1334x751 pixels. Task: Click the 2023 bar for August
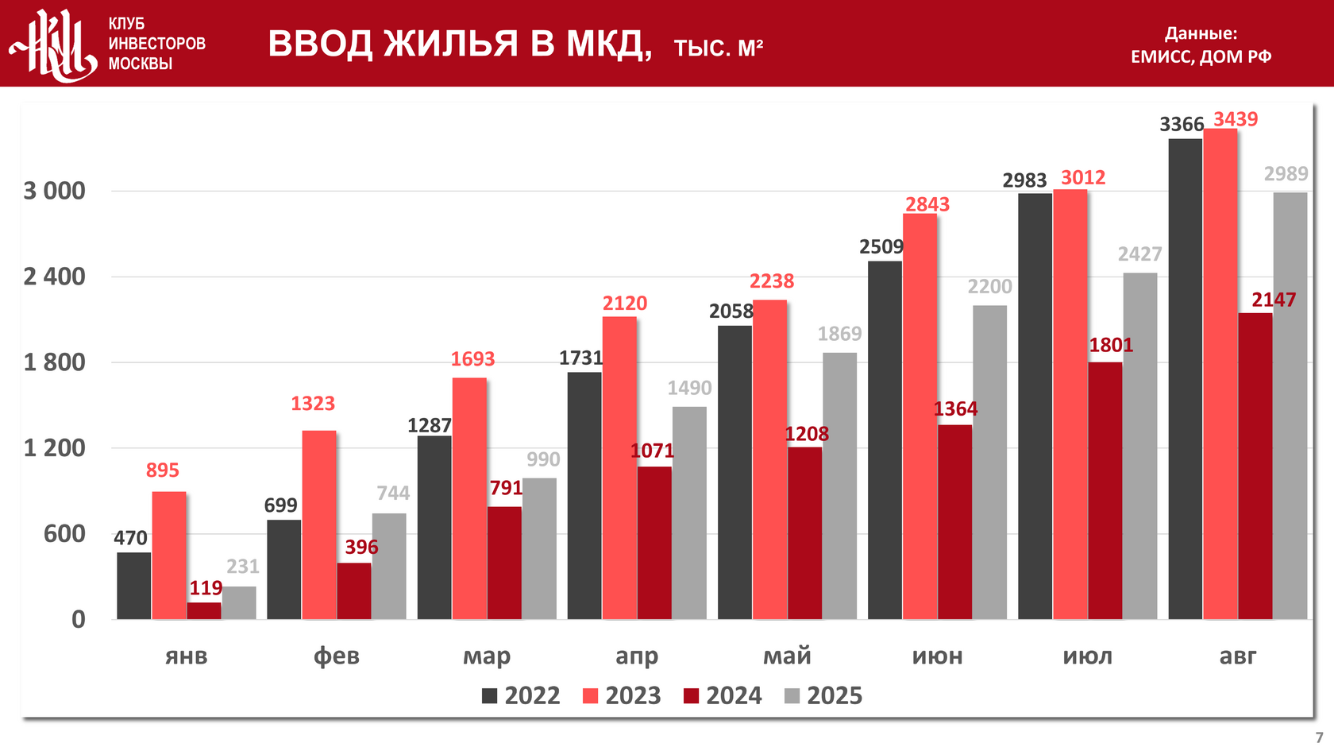click(1220, 374)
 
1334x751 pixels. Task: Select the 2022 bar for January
click(133, 586)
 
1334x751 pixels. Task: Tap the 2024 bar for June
click(954, 522)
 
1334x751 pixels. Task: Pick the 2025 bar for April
click(689, 513)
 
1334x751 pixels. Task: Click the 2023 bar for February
click(319, 525)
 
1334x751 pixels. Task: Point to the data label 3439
click(1236, 119)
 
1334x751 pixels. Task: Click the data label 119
click(206, 588)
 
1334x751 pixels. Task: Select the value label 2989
click(1286, 174)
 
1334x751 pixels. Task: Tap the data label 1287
click(430, 426)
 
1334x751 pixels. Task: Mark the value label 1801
click(1111, 346)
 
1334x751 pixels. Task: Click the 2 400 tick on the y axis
click(54, 277)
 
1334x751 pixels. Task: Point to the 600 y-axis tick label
click(64, 533)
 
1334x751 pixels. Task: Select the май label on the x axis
click(787, 656)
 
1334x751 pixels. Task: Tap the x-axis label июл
click(1088, 656)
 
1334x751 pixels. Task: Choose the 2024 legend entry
click(723, 696)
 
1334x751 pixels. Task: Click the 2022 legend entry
click(521, 696)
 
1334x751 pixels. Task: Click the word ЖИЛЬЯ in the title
click(451, 44)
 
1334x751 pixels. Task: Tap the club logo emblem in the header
click(54, 45)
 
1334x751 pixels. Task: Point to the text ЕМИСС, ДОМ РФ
click(1201, 56)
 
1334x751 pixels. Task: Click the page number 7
click(1319, 737)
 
